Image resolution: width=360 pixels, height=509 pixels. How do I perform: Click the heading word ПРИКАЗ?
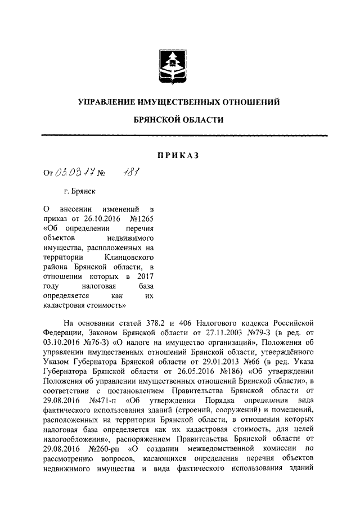(178, 155)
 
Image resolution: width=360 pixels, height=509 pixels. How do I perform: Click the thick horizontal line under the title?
(185, 135)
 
